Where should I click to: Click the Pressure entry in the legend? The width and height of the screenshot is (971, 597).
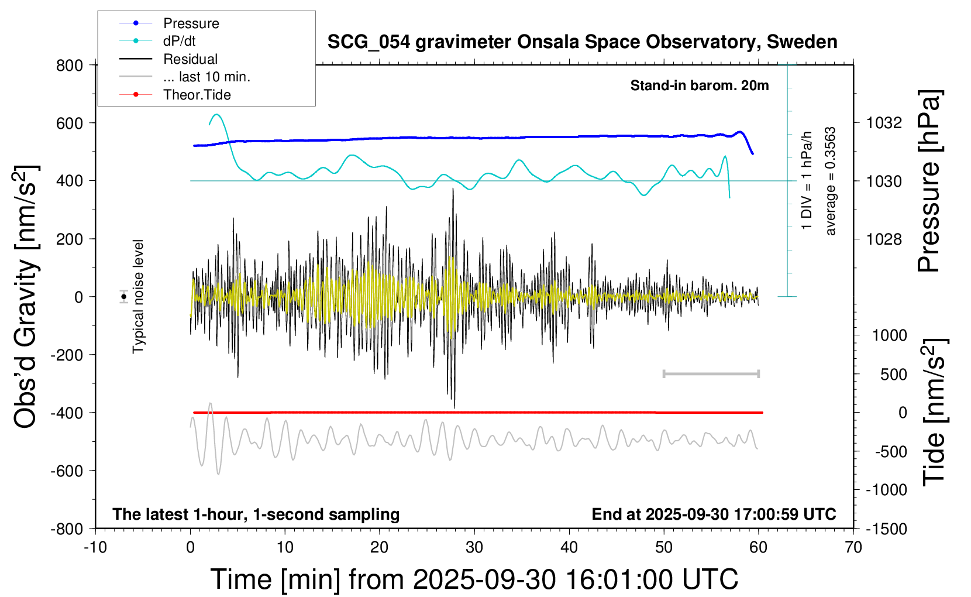[x=191, y=23]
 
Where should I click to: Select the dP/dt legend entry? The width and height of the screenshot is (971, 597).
[x=179, y=41]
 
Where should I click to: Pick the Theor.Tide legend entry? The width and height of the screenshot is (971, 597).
[x=197, y=95]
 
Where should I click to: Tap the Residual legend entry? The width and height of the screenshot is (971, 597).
[x=190, y=59]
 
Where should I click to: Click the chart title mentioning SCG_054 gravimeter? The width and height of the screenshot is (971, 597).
[x=582, y=42]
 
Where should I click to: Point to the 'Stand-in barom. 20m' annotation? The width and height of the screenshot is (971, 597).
[x=699, y=85]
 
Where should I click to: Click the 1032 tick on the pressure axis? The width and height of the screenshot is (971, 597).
[x=884, y=123]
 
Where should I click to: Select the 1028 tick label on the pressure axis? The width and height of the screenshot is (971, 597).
[x=884, y=239]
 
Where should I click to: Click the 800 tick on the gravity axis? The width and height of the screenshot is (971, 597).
[x=70, y=66]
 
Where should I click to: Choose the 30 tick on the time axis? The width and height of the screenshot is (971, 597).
[x=474, y=548]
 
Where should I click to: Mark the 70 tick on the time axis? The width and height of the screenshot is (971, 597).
[x=853, y=548]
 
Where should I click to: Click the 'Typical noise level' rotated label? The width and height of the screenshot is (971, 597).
[x=138, y=297]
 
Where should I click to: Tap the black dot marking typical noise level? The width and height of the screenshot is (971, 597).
[x=124, y=297]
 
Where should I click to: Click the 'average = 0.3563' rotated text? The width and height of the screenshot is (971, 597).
[x=831, y=181]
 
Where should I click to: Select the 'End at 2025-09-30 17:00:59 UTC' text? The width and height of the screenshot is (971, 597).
[x=714, y=514]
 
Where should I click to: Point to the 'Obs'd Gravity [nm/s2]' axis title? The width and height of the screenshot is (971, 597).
[x=26, y=297]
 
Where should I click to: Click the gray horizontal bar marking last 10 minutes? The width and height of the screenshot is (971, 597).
[x=711, y=373]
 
